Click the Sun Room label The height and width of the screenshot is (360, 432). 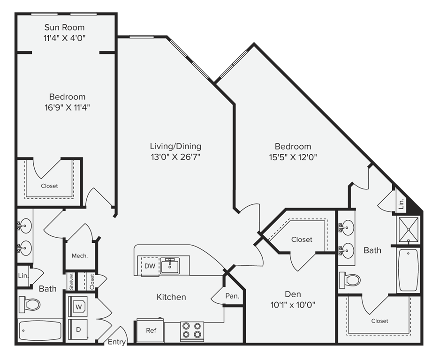(65, 27)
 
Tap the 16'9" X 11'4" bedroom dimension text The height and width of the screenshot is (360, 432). (67, 107)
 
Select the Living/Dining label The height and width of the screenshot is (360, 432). (175, 146)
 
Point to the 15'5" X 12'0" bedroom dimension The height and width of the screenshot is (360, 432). (293, 157)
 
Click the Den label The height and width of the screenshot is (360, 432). (293, 294)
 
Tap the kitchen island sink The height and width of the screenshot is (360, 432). (169, 266)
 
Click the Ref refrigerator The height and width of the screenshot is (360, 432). (150, 330)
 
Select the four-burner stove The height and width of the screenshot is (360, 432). (192, 331)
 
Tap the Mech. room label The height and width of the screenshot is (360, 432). (80, 256)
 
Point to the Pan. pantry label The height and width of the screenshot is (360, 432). (232, 296)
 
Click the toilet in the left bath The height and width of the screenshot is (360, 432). (30, 304)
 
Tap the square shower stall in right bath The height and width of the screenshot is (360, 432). (409, 229)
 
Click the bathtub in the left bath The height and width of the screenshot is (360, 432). (40, 330)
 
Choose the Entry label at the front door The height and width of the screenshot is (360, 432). (117, 342)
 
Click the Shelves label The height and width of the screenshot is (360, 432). (71, 282)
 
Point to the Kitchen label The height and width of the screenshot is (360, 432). (171, 297)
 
